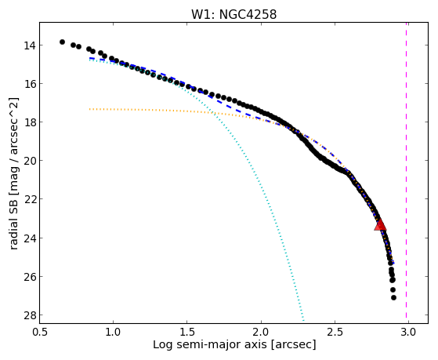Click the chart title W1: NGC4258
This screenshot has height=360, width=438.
click(x=233, y=14)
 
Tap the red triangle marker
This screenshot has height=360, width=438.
click(x=380, y=224)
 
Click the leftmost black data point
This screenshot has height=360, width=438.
click(x=62, y=42)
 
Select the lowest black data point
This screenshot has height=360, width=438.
click(x=393, y=297)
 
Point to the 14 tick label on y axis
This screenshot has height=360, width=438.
click(x=29, y=45)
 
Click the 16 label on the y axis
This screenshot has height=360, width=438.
click(x=29, y=84)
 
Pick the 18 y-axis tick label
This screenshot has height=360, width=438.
click(x=29, y=122)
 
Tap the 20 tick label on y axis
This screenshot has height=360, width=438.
click(x=29, y=161)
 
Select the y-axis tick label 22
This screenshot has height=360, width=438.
click(x=29, y=199)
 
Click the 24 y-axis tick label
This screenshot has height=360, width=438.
click(x=29, y=238)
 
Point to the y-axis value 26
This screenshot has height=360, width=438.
click(x=29, y=277)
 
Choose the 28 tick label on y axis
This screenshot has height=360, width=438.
click(x=29, y=315)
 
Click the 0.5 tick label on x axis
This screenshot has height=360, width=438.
click(x=40, y=332)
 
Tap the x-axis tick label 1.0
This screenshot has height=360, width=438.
click(x=113, y=332)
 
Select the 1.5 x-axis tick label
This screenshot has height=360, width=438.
click(x=187, y=332)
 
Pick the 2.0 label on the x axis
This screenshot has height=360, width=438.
click(x=261, y=332)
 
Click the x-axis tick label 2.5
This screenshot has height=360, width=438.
click(x=335, y=332)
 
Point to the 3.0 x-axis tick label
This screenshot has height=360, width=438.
click(x=408, y=332)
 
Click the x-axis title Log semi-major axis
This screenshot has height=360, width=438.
click(x=210, y=345)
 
